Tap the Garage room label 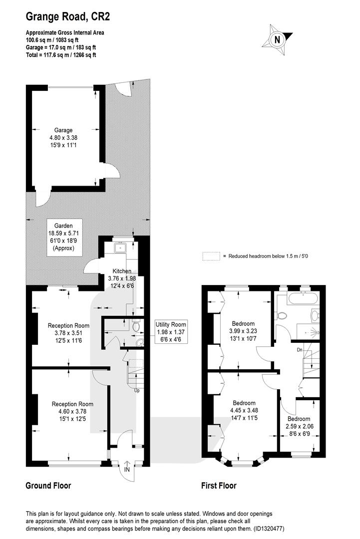coord(63,138)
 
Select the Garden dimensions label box coord(64,237)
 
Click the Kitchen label coord(122,278)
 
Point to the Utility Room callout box coord(171,332)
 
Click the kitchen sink coord(121,247)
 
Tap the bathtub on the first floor coord(303,297)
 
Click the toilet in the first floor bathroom coord(282,315)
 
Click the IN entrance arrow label coord(126,468)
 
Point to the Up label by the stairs coord(137,390)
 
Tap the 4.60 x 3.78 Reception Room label coord(72,411)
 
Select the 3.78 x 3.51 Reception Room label coord(68,333)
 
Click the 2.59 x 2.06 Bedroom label coord(299,426)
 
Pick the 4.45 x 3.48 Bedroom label coord(244,410)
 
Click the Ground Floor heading coord(48,486)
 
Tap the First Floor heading coord(219,486)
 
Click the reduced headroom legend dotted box coord(211,256)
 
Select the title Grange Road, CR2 coord(68,16)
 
